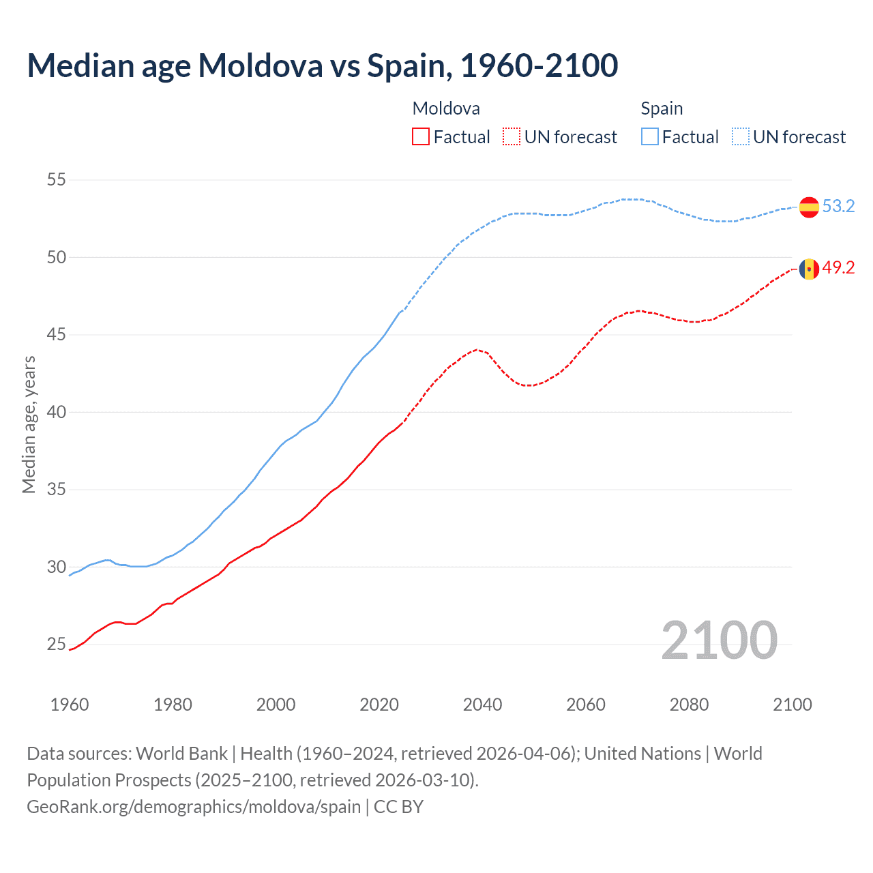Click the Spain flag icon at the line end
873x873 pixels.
[x=809, y=207]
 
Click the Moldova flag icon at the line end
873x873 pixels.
[x=809, y=269]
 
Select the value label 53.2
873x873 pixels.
[x=838, y=207]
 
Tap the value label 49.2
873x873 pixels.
[x=838, y=268]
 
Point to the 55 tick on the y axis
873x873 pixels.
[x=57, y=180]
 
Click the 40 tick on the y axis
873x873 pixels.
[x=57, y=412]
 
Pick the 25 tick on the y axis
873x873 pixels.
[x=57, y=645]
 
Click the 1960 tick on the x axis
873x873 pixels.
[x=70, y=705]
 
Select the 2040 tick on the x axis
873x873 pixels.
[x=482, y=705]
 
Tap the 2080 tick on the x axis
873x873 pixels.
[x=689, y=705]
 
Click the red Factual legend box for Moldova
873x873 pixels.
[x=421, y=137]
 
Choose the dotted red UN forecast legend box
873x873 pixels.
[x=512, y=137]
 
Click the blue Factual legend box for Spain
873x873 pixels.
[x=650, y=137]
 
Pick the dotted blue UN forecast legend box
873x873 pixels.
[x=741, y=137]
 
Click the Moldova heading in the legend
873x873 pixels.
[x=446, y=108]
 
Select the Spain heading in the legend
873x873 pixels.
[x=662, y=108]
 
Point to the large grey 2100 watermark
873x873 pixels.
[x=719, y=640]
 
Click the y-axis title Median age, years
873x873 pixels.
[x=29, y=424]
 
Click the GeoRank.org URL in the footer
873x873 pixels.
[x=194, y=807]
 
